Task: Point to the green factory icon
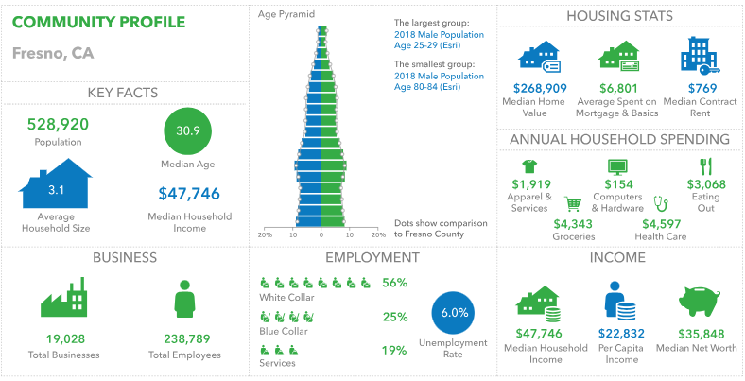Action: (63, 298)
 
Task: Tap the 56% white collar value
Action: (394, 283)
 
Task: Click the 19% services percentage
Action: (394, 351)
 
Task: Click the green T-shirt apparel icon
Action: (530, 165)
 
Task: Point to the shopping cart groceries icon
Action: (573, 203)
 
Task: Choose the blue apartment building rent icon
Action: (701, 56)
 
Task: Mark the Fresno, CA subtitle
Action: (53, 51)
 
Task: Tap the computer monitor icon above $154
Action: (617, 166)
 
